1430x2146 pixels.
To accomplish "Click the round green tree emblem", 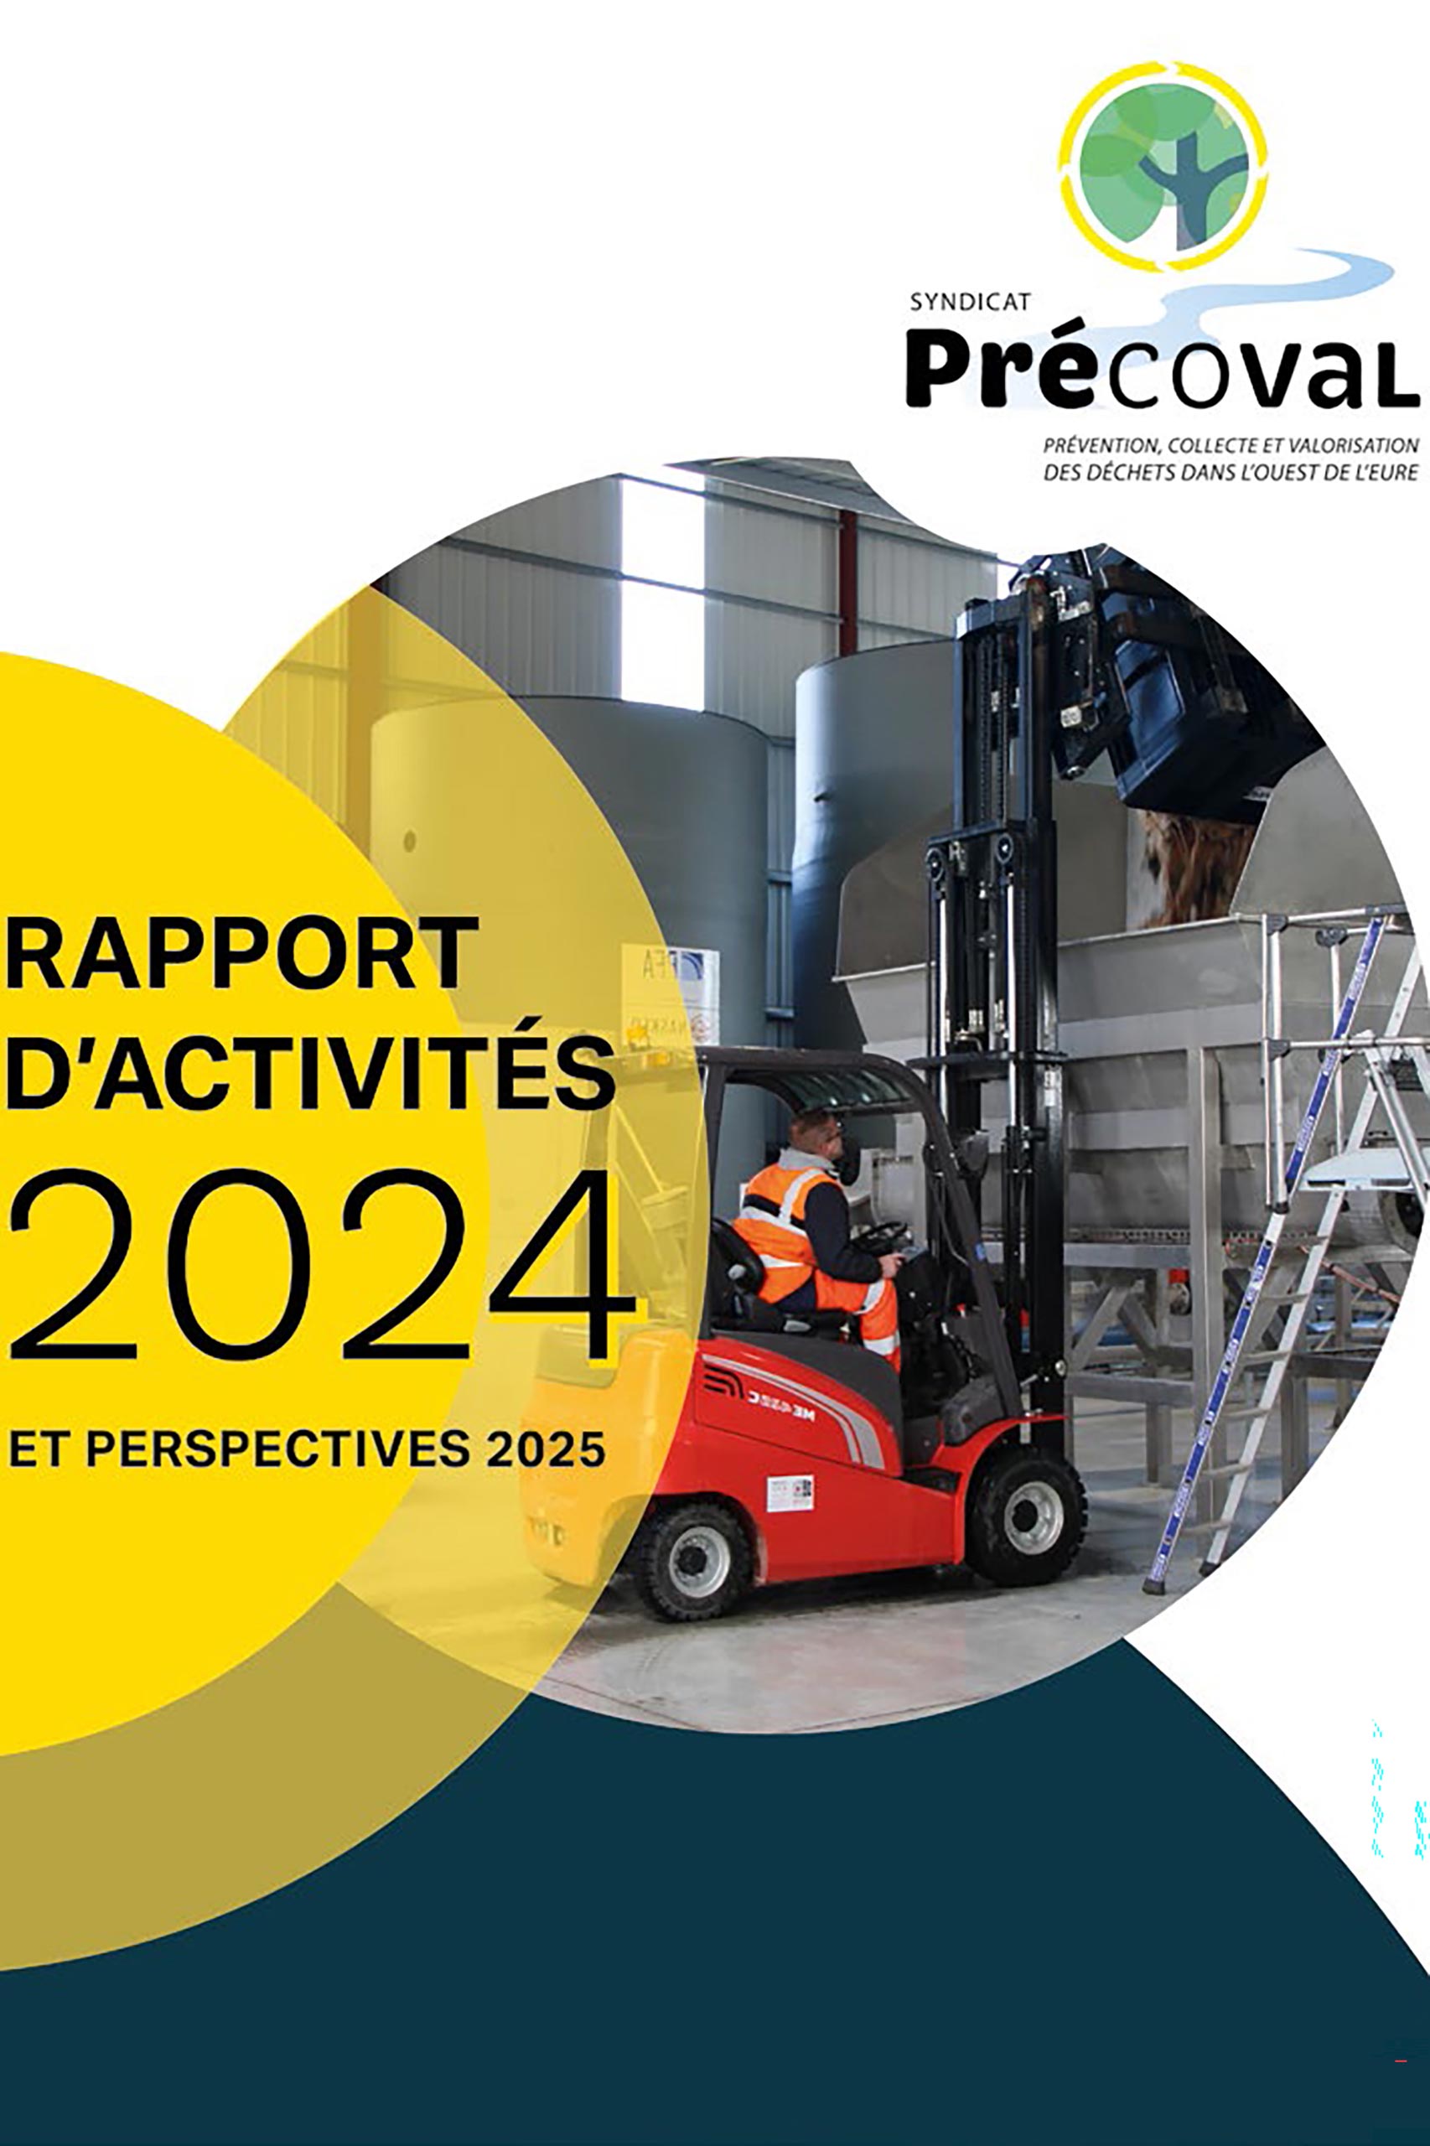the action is tap(1164, 167).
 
